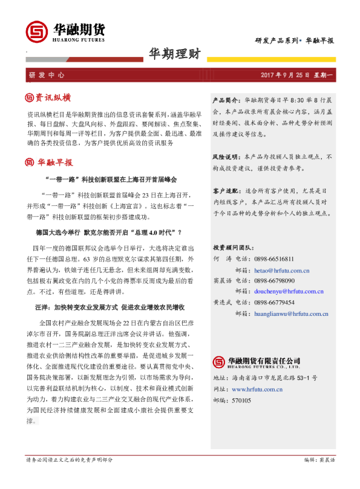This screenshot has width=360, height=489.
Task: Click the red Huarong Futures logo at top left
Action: (36, 32)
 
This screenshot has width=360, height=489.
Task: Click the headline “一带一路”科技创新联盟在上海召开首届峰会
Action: (111, 180)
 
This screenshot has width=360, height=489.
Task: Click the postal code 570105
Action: (242, 383)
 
